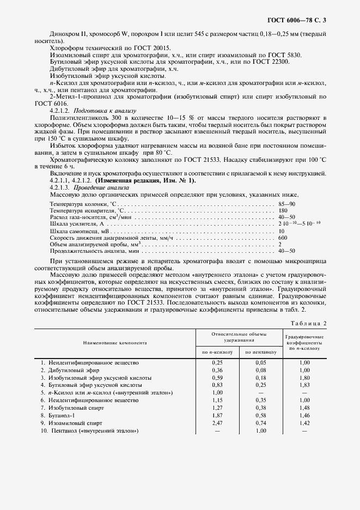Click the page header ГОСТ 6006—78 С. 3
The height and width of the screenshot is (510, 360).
(x=299, y=21)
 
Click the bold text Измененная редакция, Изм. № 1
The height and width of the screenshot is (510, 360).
(x=144, y=180)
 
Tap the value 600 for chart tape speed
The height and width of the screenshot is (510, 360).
(x=283, y=238)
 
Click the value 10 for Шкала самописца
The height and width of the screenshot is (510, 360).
(x=282, y=230)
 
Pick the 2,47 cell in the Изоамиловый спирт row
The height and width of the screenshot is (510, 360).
(x=217, y=423)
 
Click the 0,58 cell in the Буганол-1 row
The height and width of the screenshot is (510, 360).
(x=261, y=415)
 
